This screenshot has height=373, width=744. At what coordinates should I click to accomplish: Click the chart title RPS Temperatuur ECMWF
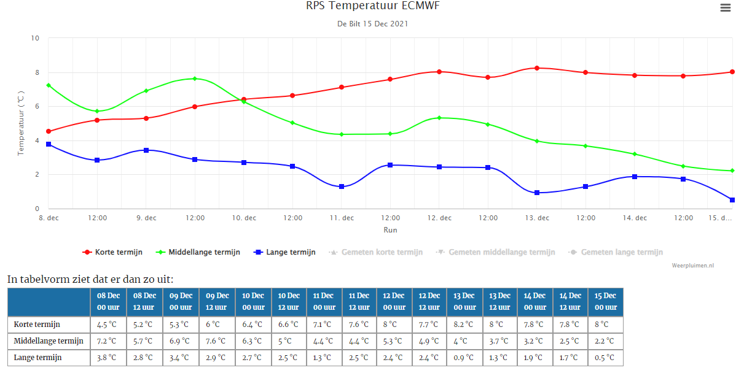coord(373,6)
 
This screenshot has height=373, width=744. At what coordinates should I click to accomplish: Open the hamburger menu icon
coord(726,7)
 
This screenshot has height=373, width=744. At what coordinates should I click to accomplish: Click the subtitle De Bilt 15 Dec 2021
coord(373,24)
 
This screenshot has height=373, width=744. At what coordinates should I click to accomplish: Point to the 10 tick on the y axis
coord(35,38)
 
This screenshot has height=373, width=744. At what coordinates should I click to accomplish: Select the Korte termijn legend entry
coord(112,252)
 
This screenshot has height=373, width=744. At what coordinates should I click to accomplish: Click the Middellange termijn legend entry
coord(198,252)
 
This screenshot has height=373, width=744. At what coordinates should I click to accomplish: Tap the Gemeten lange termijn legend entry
coord(616,252)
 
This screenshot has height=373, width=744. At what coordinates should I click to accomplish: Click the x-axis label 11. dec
coord(342,218)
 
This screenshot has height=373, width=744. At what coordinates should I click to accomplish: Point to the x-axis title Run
coord(390,230)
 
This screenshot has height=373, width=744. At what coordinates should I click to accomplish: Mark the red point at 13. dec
coord(537,68)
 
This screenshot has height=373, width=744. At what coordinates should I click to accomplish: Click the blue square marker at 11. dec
coord(342,186)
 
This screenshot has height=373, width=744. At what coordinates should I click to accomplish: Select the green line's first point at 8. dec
coord(49,85)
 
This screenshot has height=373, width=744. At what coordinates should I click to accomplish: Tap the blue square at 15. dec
coord(732,200)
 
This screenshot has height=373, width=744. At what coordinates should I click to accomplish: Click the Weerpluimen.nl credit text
coord(693,266)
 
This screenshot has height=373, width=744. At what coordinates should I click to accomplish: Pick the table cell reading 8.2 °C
coord(464,325)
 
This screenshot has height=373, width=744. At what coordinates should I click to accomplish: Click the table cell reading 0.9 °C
coord(464,358)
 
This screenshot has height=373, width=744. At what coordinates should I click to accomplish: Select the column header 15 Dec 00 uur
coord(606,302)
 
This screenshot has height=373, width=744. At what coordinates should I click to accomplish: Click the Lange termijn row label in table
coord(38,358)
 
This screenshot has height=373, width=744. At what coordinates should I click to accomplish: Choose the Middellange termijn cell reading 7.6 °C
coord(216,341)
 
